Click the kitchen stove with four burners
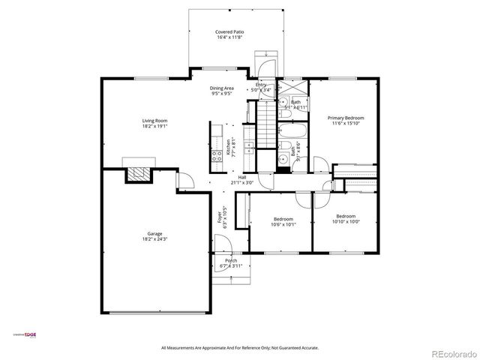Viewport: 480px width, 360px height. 216,157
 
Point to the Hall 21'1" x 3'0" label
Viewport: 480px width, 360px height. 242,180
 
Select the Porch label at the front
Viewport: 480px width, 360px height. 226,263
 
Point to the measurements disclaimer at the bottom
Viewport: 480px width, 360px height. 239,348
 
